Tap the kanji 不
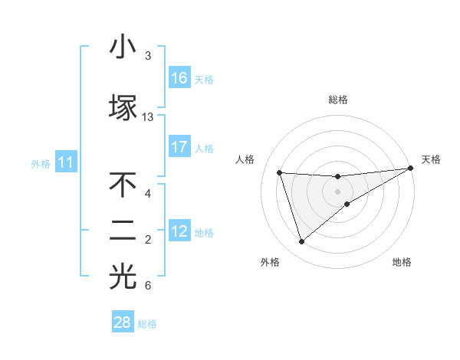coord(123,185)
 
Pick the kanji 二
coord(123,232)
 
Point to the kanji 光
coord(123,278)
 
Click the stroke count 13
coord(148,117)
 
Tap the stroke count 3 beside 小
coord(148,56)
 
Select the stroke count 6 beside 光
coord(148,286)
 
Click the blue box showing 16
coord(179,77)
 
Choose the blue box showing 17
coord(179,147)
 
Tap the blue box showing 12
coord(179,231)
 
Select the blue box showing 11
coord(66,162)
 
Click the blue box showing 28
coord(123,322)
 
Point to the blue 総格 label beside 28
coord(147,324)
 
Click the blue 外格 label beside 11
coord(41,163)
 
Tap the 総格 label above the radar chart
coord(338,100)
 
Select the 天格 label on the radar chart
coord(431,159)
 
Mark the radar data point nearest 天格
coord(411,169)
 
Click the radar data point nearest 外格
coord(301,242)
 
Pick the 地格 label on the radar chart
coord(402,262)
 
